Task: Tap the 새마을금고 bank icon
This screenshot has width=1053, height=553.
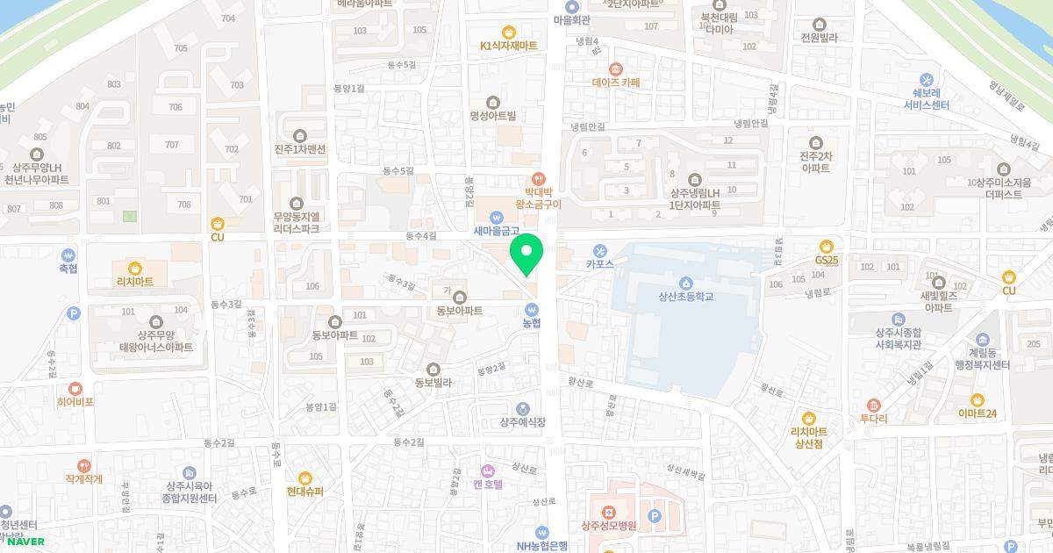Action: pos(497,216)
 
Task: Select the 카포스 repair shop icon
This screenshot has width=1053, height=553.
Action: pos(600,249)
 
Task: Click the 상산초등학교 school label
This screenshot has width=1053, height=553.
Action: pos(685,297)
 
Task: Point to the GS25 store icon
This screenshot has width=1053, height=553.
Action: pos(826,246)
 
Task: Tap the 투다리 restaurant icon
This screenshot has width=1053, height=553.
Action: pos(873,405)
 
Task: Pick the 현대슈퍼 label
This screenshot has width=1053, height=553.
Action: pos(304,492)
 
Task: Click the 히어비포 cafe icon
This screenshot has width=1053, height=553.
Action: pos(75,388)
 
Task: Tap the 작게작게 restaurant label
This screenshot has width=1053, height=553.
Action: pos(83,479)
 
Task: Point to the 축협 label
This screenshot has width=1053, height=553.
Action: pos(68,269)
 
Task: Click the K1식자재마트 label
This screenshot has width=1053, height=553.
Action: pos(508,46)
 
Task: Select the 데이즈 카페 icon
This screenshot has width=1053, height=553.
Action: pos(616,68)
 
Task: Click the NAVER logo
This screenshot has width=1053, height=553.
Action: pos(25,542)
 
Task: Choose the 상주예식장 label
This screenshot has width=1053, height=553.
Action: pos(522,422)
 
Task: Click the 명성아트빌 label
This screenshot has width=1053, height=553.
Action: pos(492,115)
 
